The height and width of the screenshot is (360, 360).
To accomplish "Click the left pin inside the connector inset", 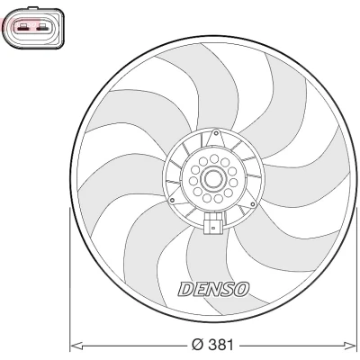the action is (x=23, y=29).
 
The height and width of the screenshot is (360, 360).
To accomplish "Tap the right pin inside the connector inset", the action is (x=42, y=29).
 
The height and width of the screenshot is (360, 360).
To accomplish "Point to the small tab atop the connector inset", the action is (x=32, y=8).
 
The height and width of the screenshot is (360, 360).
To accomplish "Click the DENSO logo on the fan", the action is (x=214, y=290).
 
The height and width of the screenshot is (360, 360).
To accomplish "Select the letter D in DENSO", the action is (x=186, y=290).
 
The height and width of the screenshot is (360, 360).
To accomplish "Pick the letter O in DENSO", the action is (x=241, y=289).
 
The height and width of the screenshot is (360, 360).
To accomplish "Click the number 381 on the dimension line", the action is (x=220, y=345).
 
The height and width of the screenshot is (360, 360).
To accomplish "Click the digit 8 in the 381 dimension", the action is (x=220, y=345).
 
